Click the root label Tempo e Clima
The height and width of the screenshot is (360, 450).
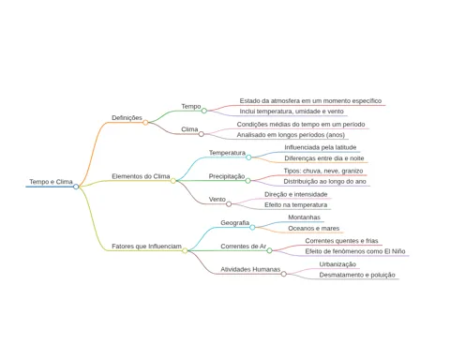(x=51, y=182)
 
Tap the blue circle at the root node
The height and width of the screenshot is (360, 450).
(x=76, y=187)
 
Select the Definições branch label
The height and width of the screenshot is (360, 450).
(x=127, y=117)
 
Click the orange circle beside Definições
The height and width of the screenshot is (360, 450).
(x=145, y=123)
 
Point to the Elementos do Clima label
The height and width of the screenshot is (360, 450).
(x=141, y=176)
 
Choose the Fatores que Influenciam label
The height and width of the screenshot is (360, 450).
(x=146, y=247)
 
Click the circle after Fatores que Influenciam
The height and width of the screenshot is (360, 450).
(x=185, y=250)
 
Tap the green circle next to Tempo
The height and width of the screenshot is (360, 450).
(x=204, y=111)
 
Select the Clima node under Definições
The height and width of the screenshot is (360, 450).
(x=189, y=129)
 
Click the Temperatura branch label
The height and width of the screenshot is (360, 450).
(x=227, y=153)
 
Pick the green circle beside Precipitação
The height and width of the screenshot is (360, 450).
(x=247, y=181)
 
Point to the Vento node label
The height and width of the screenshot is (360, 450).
(x=217, y=200)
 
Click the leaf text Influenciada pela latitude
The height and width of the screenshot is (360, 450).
(x=321, y=147)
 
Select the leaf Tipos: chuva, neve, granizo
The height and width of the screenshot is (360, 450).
(x=323, y=171)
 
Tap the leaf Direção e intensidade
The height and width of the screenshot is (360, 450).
(x=296, y=194)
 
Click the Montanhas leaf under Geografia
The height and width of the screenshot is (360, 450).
(x=304, y=217)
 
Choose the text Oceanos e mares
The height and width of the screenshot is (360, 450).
(x=314, y=229)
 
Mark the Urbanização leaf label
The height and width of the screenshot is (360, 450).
(x=337, y=264)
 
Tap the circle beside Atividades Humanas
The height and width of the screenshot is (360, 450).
(x=284, y=274)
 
